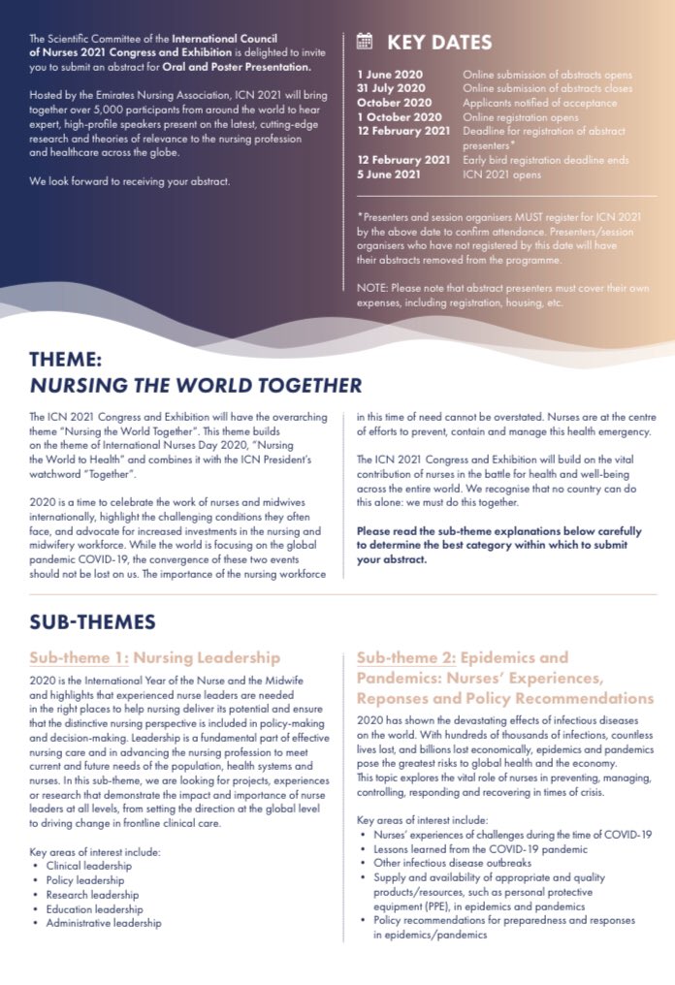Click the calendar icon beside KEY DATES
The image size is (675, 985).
pos(365,41)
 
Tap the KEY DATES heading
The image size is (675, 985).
pos(439,42)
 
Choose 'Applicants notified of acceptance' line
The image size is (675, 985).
pos(539,102)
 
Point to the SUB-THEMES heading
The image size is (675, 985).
pos(92,620)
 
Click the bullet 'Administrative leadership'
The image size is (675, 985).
pos(104,923)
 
